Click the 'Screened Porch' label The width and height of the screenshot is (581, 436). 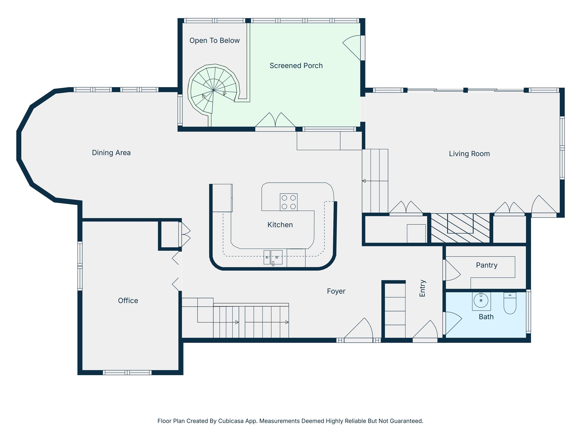pos(296,66)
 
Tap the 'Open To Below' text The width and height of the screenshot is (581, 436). pos(215,40)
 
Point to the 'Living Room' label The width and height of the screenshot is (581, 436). pos(469,154)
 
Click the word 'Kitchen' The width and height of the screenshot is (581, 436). pos(280,225)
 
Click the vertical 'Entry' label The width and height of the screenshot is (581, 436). pos(422,288)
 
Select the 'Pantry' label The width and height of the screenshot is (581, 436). pos(487,265)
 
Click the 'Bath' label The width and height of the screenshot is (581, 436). pos(486,317)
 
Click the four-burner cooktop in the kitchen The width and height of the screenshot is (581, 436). pos(289,202)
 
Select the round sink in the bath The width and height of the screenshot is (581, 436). pos(481,300)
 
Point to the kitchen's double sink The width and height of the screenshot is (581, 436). pos(273,257)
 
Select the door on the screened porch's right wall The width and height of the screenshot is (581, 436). pos(352,48)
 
